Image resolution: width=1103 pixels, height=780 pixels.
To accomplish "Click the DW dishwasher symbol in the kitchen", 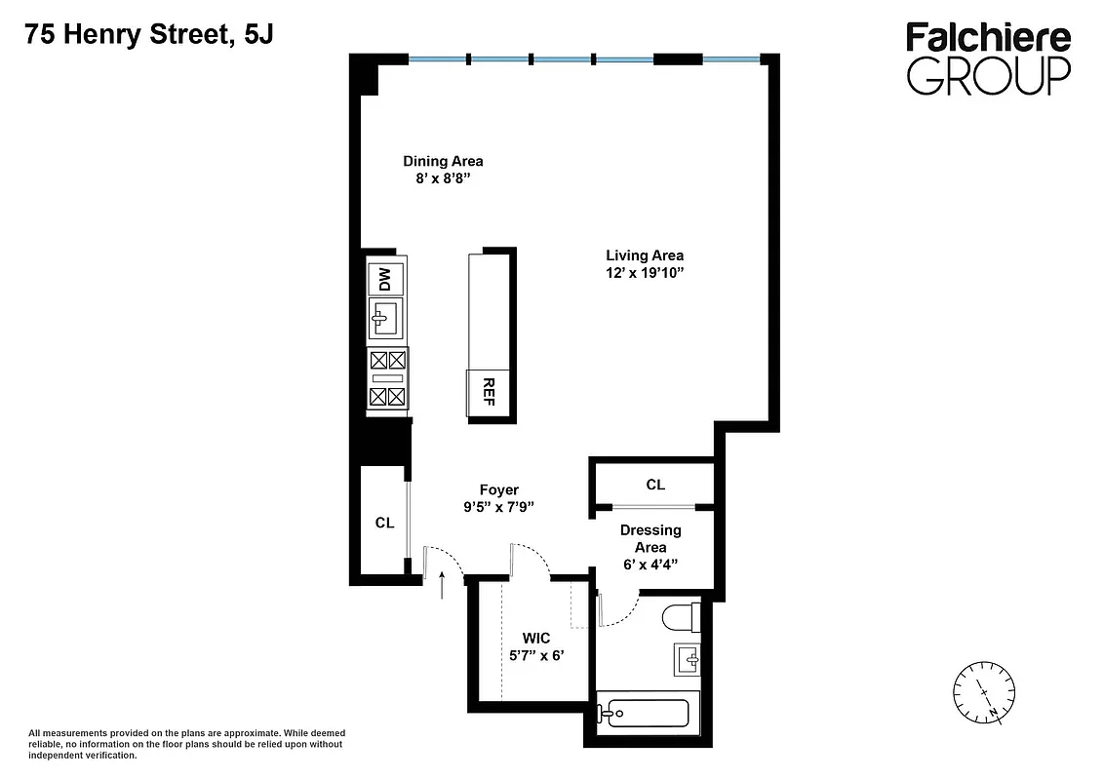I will pos(385,279).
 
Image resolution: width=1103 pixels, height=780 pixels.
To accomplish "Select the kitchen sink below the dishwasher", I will pos(385,317).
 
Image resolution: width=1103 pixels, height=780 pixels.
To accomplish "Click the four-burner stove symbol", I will pos(387,377).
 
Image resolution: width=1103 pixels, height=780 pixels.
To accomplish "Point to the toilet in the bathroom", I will pos(680,616).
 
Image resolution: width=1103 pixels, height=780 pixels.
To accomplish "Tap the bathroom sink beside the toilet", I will pos(688,659).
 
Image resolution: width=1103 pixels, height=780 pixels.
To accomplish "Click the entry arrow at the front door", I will pos(443,585).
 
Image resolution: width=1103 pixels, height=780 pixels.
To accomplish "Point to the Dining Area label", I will pos(443,161).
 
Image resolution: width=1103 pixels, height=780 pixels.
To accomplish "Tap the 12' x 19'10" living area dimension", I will pos(645,274).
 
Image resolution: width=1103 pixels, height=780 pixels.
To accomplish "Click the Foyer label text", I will pos(498,489).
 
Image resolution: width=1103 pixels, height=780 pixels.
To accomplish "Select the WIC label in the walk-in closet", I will pos(535,638).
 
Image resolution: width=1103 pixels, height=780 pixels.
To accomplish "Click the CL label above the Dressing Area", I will pos(655,485).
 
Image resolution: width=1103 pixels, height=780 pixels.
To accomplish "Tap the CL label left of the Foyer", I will pos(384,523).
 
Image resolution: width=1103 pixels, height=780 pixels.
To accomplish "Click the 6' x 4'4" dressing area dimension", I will pos(650,565).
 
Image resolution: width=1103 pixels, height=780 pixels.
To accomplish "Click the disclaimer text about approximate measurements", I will pos(186,744).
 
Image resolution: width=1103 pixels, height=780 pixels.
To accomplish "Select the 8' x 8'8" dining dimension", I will pos(443,179).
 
